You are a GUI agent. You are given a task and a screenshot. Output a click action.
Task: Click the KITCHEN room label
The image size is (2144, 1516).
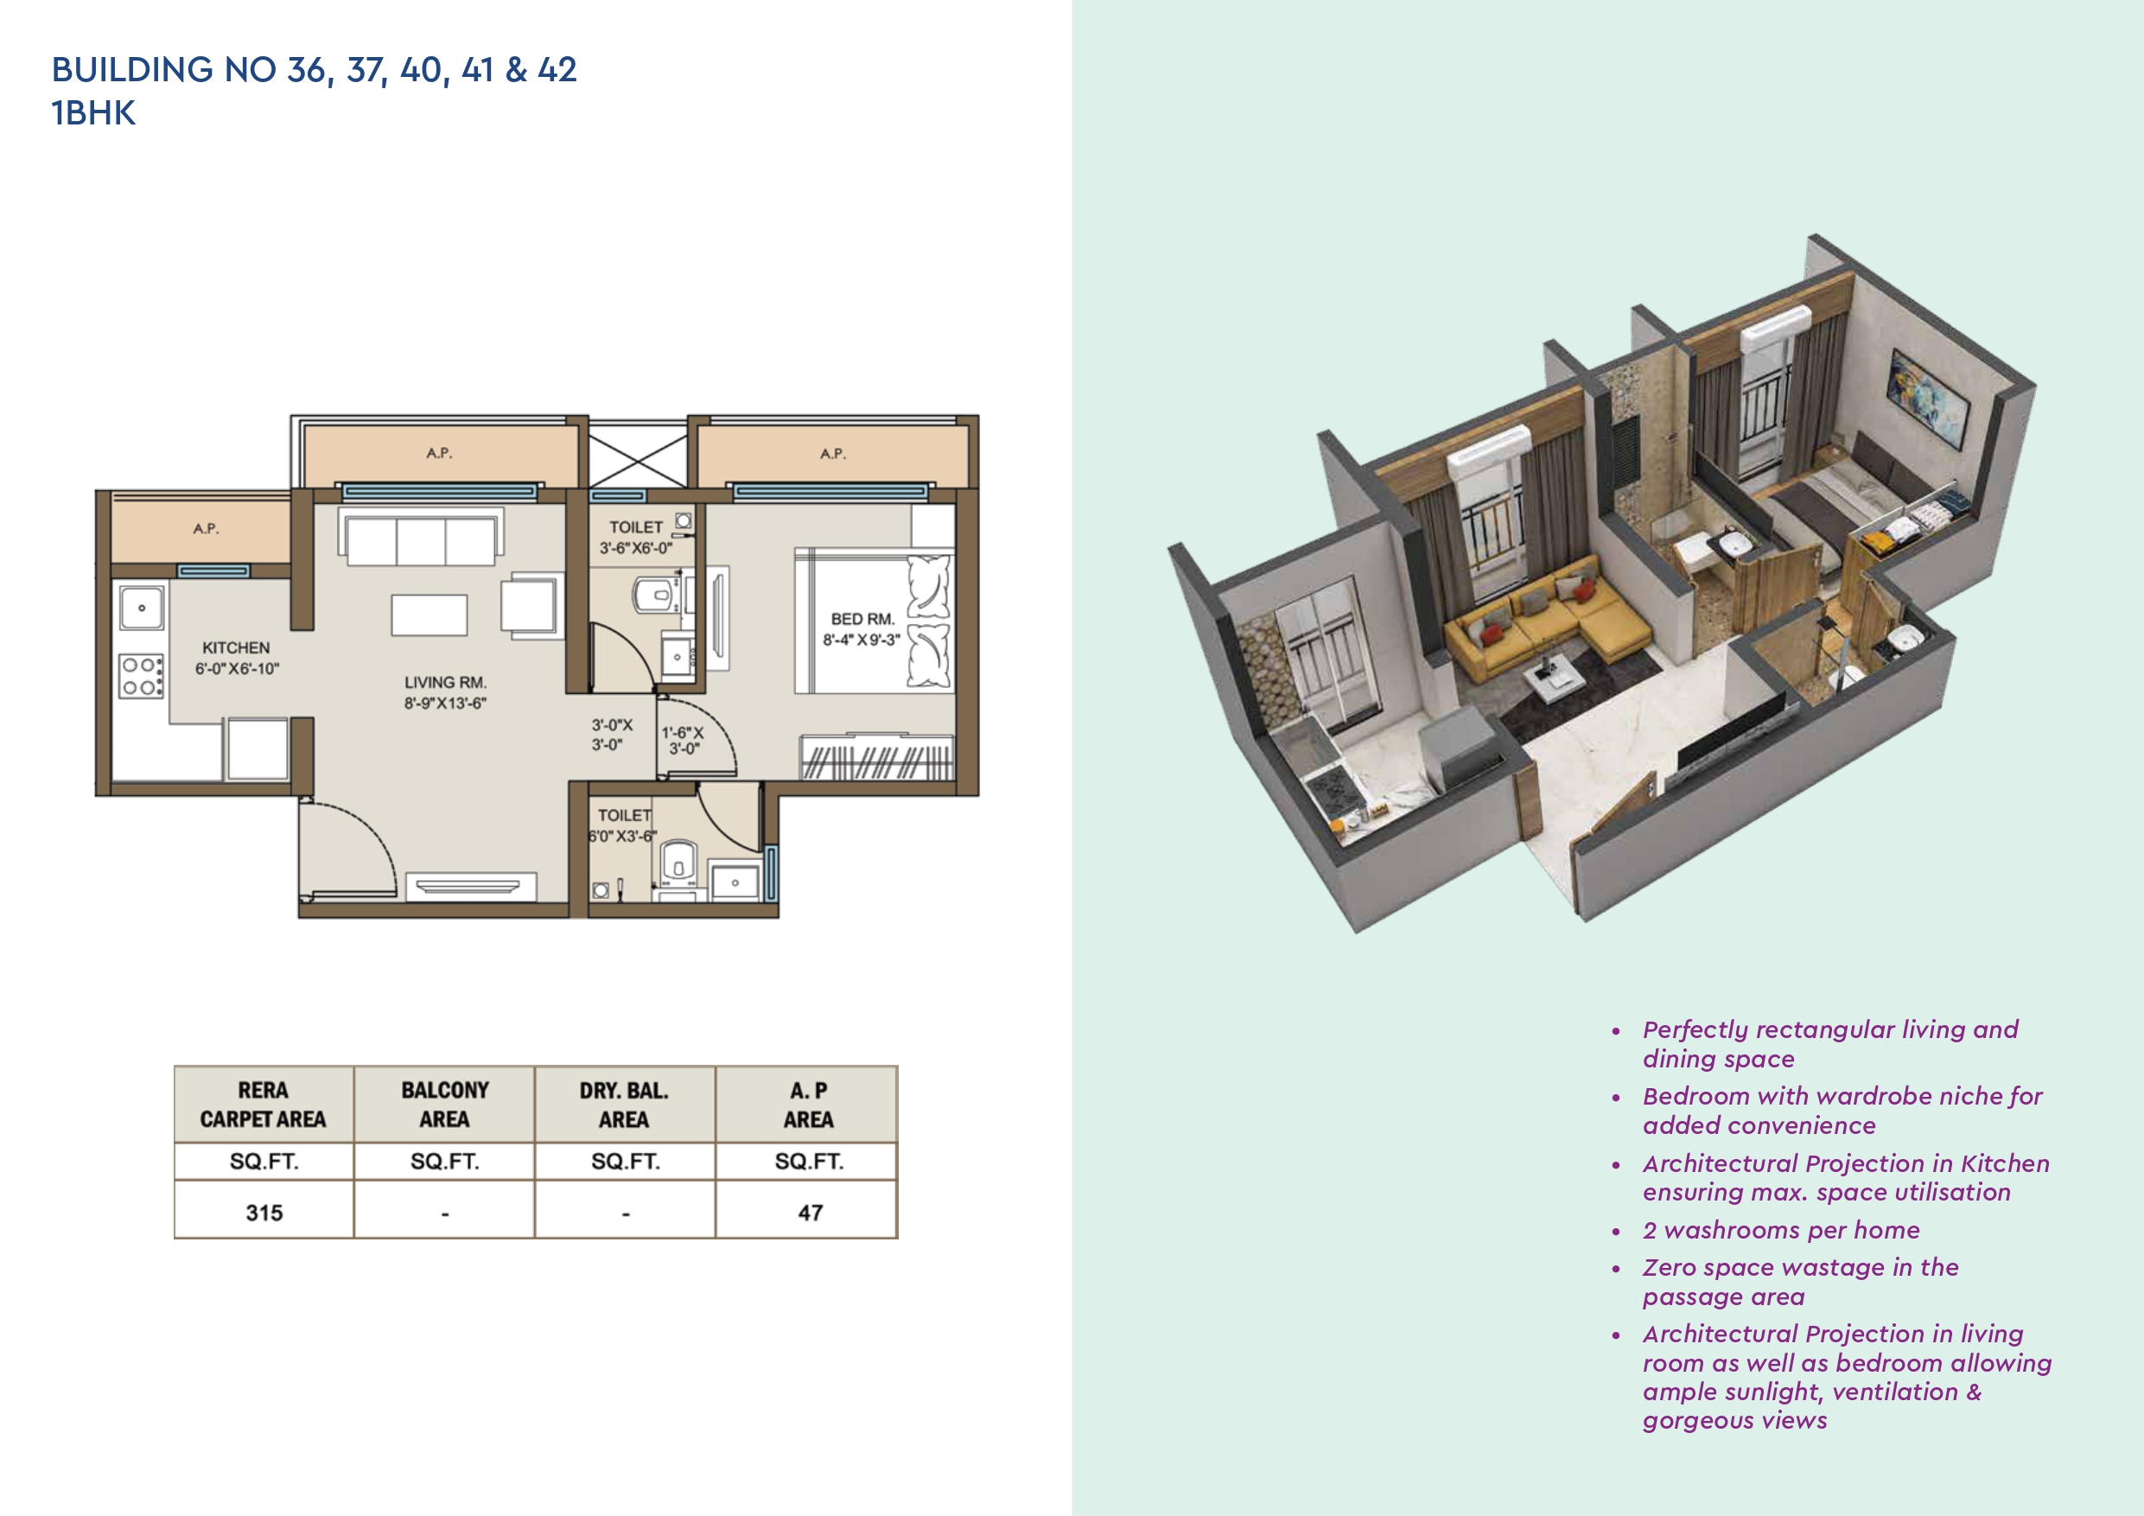(235, 647)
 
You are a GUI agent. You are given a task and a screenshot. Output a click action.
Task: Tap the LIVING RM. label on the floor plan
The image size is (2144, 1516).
(445, 683)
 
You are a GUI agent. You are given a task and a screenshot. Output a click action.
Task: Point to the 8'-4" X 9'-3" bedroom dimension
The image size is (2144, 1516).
(861, 640)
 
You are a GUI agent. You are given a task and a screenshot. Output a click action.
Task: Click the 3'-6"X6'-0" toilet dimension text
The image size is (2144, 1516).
(636, 548)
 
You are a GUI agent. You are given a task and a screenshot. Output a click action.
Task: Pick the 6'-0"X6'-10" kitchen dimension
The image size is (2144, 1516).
(237, 669)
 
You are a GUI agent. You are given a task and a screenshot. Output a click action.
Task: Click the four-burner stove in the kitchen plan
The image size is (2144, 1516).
(141, 676)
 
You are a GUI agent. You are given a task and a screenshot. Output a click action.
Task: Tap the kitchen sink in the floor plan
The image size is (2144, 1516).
(142, 607)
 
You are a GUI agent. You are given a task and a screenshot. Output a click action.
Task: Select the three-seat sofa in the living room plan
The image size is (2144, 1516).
(420, 540)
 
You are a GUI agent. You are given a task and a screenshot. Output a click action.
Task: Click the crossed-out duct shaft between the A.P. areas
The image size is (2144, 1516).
(638, 455)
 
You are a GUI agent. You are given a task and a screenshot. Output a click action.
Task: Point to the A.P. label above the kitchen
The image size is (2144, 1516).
(207, 529)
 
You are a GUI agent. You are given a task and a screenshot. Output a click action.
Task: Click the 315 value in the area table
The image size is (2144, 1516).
(264, 1213)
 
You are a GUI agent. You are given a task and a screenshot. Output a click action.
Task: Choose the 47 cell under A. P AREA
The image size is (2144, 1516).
(810, 1213)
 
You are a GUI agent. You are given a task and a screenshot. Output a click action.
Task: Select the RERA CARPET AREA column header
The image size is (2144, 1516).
(264, 1104)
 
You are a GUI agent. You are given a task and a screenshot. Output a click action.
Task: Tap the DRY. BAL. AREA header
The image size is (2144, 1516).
(624, 1104)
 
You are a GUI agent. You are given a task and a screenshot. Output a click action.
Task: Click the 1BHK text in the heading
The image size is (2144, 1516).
(93, 113)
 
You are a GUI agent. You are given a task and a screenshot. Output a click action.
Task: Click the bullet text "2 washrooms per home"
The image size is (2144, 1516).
(1781, 1230)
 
